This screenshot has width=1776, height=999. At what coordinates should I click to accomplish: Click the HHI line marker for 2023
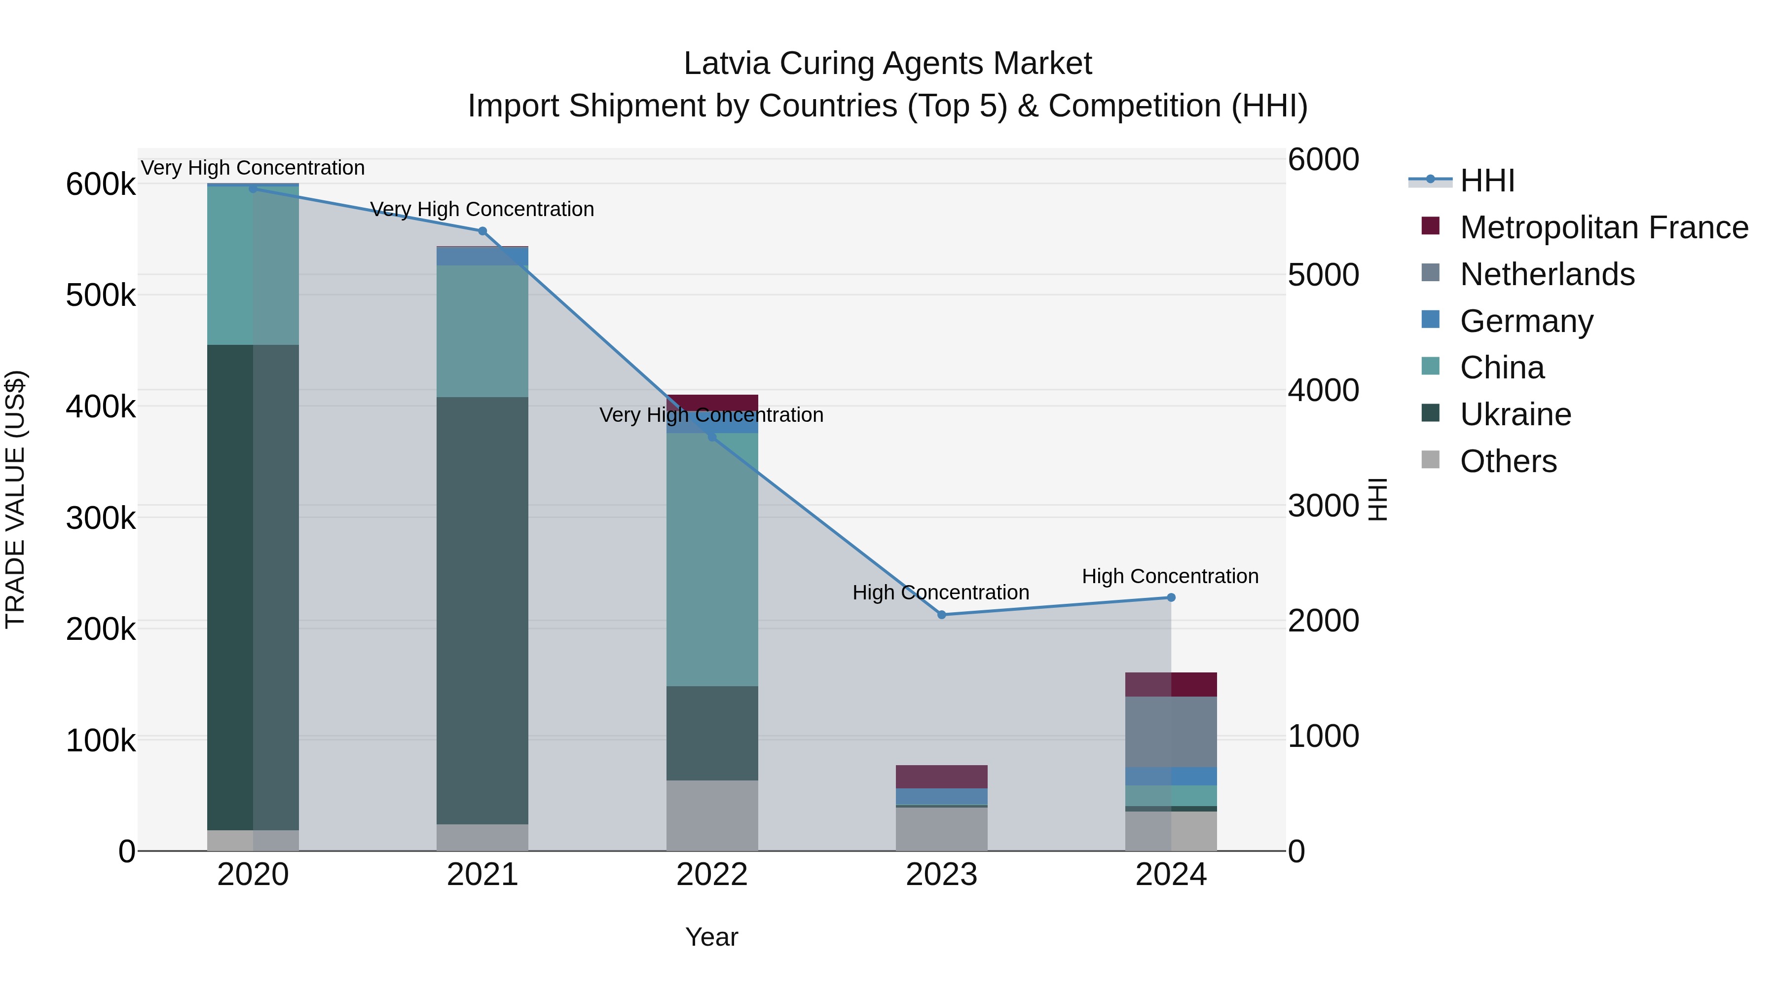click(x=942, y=614)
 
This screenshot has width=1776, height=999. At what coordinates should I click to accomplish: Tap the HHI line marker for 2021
click(x=482, y=231)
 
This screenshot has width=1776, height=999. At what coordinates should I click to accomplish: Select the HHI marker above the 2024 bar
click(x=1171, y=598)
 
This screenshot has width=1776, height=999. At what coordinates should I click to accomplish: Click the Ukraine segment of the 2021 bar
click(x=482, y=610)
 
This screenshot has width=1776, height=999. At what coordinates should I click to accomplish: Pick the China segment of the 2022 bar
click(x=712, y=559)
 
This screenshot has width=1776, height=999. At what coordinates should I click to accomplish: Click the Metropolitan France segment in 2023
click(x=942, y=777)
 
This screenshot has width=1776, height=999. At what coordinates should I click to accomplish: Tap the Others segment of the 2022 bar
click(x=712, y=815)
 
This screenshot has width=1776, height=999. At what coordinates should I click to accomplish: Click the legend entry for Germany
click(x=1526, y=321)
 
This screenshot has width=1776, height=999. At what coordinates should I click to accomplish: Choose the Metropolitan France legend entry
click(x=1604, y=227)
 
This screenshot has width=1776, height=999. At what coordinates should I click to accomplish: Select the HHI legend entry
click(x=1487, y=181)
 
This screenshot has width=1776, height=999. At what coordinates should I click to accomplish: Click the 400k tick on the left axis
click(x=101, y=407)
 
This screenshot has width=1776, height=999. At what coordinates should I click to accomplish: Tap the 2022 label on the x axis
click(x=712, y=875)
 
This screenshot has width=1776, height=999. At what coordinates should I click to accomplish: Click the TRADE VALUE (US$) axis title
click(x=16, y=499)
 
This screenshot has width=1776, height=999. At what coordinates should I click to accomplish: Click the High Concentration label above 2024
click(x=1170, y=576)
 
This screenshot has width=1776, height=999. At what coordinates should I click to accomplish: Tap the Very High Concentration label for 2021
click(x=482, y=209)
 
